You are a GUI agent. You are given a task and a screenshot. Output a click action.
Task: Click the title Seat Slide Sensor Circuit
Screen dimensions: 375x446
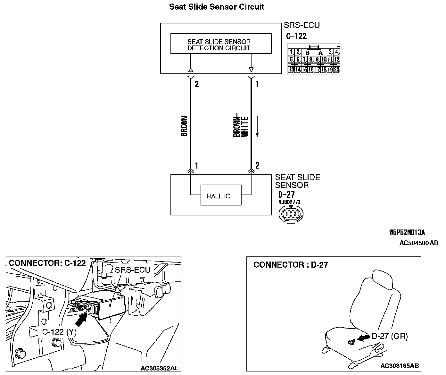click(217, 7)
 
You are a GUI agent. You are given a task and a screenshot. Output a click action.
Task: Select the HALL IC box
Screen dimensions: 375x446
click(221, 195)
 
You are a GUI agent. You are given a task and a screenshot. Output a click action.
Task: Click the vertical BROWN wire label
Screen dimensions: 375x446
click(184, 126)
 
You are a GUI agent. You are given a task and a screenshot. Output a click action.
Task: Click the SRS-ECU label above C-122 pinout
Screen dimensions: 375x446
click(302, 25)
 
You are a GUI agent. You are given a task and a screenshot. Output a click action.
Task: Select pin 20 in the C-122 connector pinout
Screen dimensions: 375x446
click(336, 69)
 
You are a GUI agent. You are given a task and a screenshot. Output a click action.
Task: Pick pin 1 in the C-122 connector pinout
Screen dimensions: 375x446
click(291, 52)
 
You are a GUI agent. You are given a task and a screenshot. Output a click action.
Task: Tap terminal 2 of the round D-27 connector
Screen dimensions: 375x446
click(295, 214)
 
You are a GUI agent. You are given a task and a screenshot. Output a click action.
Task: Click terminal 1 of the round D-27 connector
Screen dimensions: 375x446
click(288, 214)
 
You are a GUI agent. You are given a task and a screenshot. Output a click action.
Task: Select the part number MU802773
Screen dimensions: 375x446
click(290, 202)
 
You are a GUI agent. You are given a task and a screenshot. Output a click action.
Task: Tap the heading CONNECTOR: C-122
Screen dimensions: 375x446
click(47, 263)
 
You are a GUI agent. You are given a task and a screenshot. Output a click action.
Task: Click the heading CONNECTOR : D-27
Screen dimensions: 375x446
click(291, 265)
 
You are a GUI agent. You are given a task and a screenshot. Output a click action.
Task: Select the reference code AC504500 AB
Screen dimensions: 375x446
click(419, 243)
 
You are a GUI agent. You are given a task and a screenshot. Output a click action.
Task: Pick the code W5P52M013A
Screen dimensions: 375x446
click(407, 233)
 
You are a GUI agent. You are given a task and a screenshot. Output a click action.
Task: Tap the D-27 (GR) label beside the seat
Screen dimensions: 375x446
click(390, 336)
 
